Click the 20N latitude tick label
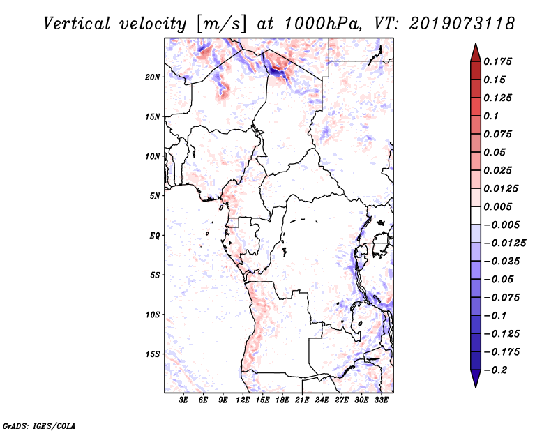153,77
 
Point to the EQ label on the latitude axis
154,236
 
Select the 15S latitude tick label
153,354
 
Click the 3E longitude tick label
184,401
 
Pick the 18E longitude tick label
282,401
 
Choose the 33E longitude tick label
381,401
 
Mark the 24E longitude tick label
322,401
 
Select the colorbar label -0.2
497,370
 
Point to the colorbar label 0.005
499,206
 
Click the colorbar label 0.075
499,134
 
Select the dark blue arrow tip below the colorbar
475,380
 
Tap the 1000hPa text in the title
320,23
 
